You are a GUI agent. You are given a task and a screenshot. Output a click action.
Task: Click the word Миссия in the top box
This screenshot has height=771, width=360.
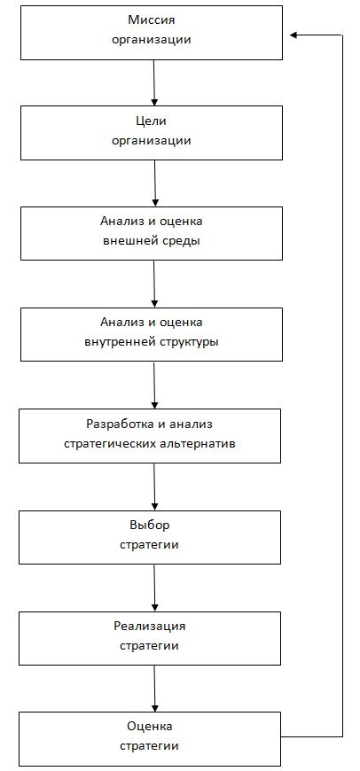(x=152, y=20)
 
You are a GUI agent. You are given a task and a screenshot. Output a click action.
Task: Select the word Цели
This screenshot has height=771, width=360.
(x=152, y=121)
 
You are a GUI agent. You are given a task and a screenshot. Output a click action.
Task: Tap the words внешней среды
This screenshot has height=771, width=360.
(x=152, y=242)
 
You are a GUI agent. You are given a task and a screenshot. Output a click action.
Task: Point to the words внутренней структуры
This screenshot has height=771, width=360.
(x=152, y=343)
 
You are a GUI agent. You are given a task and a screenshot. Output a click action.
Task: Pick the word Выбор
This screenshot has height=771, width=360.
(x=150, y=525)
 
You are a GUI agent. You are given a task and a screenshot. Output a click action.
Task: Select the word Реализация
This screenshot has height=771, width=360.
(x=150, y=626)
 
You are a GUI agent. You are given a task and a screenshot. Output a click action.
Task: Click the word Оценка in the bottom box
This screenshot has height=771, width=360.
(x=150, y=727)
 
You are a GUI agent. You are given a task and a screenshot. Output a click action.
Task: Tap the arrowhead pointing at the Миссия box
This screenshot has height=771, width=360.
(x=293, y=35)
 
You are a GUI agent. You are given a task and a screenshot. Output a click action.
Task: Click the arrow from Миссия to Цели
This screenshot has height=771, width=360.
(x=154, y=82)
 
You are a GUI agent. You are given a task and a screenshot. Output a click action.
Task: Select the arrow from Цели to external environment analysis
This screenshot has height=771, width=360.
(x=155, y=183)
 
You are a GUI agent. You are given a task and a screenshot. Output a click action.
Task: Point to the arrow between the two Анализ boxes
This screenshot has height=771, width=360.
(x=154, y=284)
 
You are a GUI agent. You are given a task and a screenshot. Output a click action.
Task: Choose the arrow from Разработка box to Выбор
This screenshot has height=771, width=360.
(x=154, y=487)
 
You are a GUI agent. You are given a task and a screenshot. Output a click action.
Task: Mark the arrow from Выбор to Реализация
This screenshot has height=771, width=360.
(x=154, y=588)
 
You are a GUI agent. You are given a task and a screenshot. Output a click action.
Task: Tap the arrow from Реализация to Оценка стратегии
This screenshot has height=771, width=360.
(x=154, y=689)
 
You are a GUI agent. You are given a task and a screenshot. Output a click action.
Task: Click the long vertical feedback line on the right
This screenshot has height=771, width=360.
(x=341, y=386)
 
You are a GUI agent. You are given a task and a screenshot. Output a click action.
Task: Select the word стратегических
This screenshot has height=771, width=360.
(x=110, y=443)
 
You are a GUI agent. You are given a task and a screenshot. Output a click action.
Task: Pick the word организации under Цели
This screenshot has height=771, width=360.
(x=152, y=141)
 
